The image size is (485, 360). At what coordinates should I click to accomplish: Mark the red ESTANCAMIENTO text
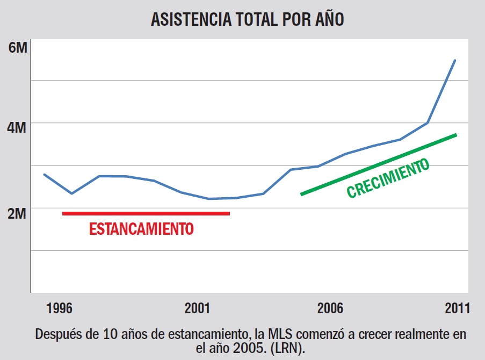[x=141, y=229]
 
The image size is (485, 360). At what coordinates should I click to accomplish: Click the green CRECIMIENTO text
[x=388, y=178]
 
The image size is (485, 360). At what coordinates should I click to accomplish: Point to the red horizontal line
[x=146, y=213]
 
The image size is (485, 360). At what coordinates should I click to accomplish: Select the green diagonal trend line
[x=379, y=164]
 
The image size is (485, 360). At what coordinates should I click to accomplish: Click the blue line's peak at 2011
[x=455, y=60]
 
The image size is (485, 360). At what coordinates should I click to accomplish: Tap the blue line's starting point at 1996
[x=44, y=174]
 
